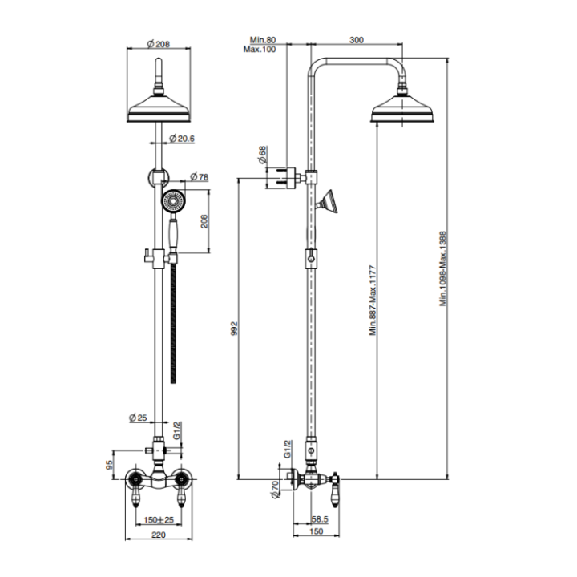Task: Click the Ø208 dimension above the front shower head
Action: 160,44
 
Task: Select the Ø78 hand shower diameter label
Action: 199,177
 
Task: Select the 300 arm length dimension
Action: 357,39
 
